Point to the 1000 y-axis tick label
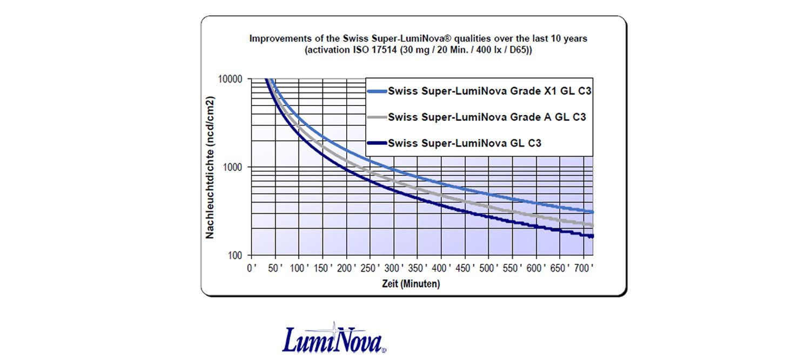point(236,168)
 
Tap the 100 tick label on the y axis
point(238,256)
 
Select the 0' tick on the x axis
point(251,268)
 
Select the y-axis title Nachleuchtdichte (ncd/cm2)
point(210,167)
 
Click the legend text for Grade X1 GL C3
point(490,91)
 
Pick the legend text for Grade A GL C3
point(487,117)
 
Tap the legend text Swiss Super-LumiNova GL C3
point(465,143)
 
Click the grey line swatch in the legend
point(377,117)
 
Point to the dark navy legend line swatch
point(377,143)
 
